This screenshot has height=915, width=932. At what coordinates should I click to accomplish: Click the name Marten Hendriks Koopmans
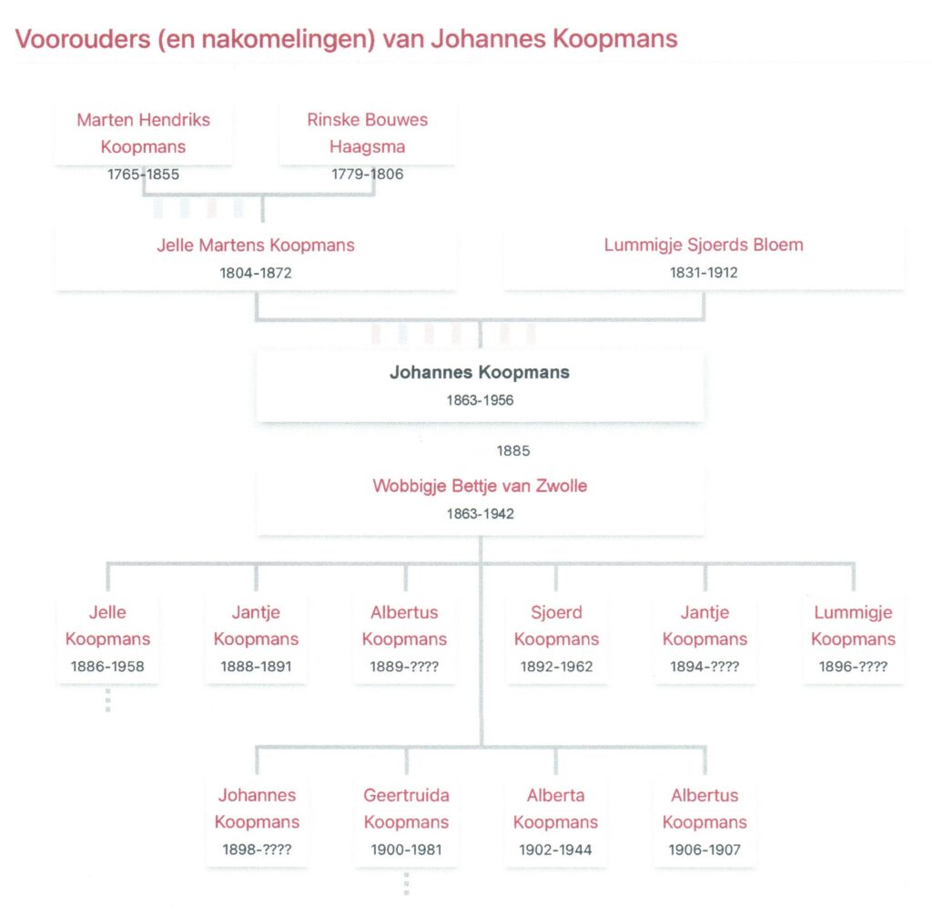point(143,133)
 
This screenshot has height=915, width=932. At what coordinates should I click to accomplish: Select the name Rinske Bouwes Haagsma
point(368,133)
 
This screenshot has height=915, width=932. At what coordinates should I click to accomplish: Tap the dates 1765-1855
point(143,174)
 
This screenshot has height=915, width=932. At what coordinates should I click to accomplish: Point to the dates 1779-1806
point(368,174)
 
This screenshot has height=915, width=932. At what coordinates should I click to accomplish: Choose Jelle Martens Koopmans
point(256,245)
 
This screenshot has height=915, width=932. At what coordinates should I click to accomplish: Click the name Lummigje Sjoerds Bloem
point(704,245)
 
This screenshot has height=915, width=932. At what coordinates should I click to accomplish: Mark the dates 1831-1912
point(704,273)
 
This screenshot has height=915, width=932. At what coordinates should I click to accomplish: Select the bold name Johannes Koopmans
point(480,373)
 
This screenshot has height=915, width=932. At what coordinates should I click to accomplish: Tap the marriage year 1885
point(513,451)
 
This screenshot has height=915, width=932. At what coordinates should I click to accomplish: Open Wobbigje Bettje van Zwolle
point(480,486)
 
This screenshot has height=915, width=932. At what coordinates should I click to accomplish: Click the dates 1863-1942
point(481,514)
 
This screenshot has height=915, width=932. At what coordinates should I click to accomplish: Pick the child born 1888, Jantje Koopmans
point(256,626)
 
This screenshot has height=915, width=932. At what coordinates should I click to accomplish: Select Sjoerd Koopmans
point(556,626)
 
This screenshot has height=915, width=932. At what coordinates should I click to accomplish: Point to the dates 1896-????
point(853,667)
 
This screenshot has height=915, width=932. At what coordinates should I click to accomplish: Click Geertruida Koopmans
point(407,809)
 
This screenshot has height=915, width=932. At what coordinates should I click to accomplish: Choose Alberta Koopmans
point(556,809)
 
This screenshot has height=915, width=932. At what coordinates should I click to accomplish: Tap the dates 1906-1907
point(704,850)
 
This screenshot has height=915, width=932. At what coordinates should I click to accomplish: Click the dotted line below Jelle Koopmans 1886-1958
point(107,700)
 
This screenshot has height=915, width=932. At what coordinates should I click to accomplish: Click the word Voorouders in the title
point(83,39)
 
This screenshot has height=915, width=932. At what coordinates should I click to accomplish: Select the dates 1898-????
point(257,850)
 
